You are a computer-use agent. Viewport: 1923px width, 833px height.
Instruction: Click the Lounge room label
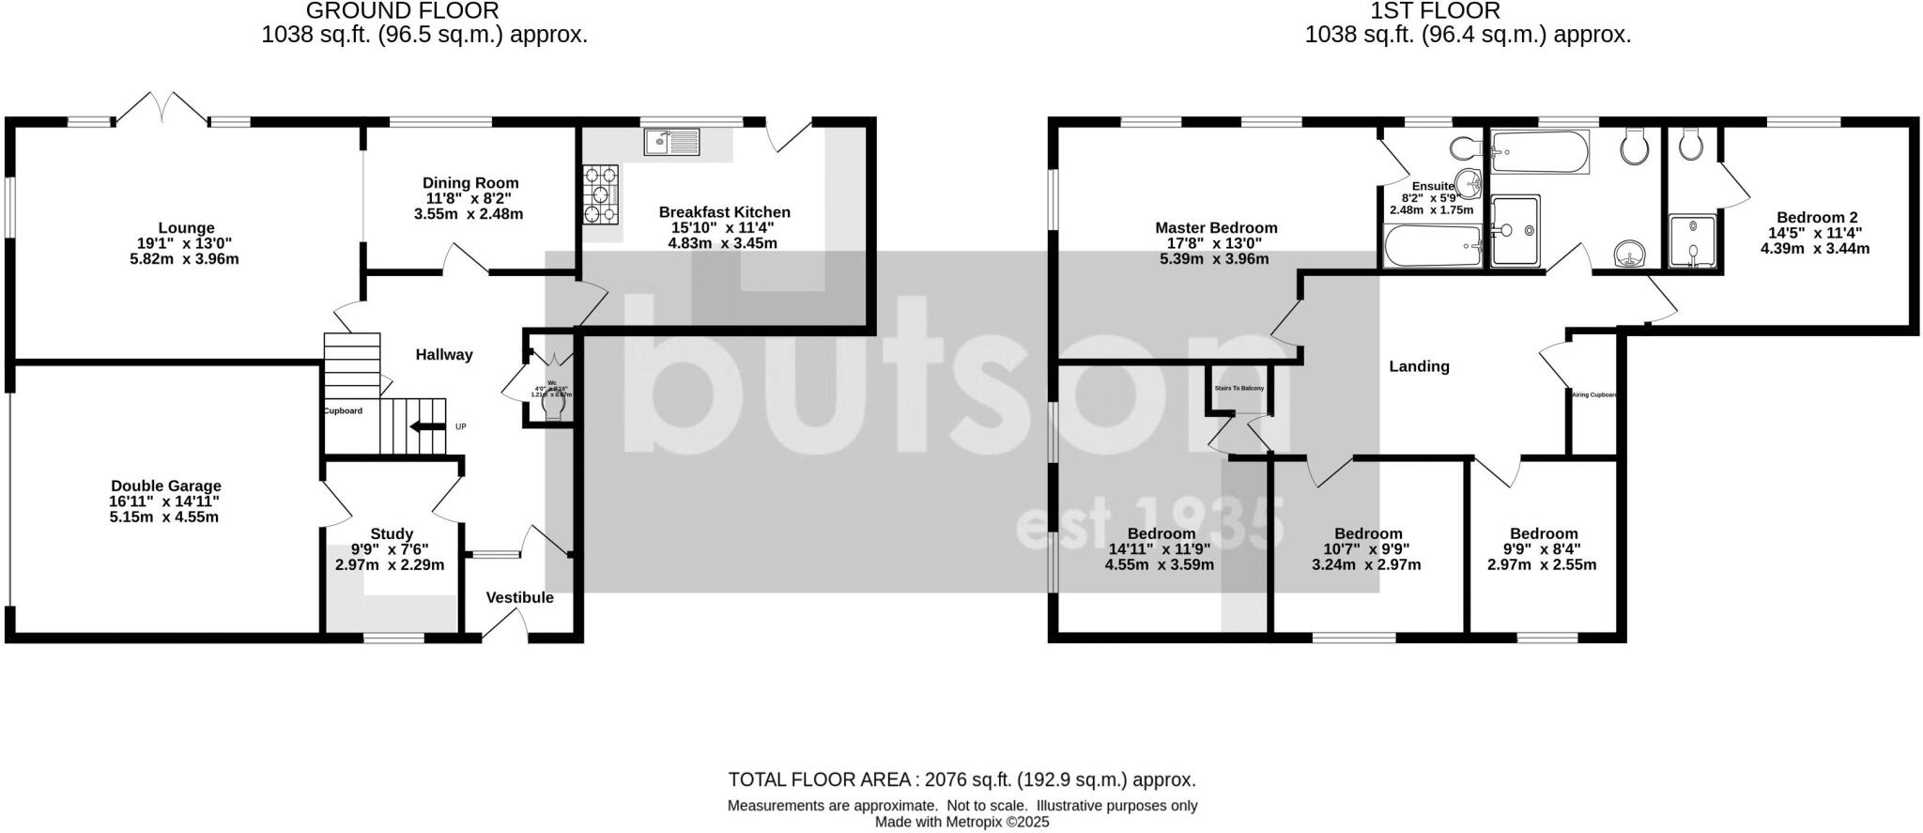(x=186, y=228)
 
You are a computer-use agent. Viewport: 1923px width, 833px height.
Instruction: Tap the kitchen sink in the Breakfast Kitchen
(x=670, y=143)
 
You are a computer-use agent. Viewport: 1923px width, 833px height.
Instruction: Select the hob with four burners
(x=601, y=194)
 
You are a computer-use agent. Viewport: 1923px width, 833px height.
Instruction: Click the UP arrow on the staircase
(x=428, y=427)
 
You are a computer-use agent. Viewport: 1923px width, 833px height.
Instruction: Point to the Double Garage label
(x=165, y=486)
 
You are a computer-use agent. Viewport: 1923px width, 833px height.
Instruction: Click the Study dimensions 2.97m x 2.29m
(x=390, y=565)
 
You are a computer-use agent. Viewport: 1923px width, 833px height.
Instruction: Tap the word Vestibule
(x=519, y=597)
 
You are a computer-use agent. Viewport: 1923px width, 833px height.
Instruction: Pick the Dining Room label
(x=469, y=183)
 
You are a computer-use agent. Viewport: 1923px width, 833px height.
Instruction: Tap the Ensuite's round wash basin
(x=1466, y=182)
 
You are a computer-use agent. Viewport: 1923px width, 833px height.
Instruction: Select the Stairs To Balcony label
(x=1238, y=388)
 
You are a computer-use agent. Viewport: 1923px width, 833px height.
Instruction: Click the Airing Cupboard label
(x=1594, y=394)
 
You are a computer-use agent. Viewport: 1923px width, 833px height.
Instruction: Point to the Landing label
(x=1419, y=366)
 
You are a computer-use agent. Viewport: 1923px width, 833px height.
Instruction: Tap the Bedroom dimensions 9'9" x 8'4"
(x=1541, y=549)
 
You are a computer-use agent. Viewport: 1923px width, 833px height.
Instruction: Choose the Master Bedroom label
(x=1215, y=228)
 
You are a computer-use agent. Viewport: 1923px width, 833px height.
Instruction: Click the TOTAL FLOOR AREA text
(x=961, y=779)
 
